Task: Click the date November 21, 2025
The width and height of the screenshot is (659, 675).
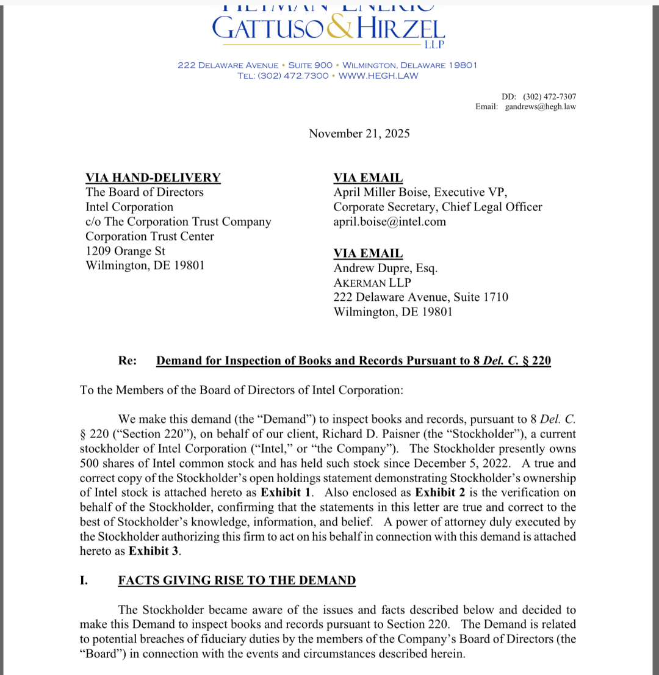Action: click(x=359, y=133)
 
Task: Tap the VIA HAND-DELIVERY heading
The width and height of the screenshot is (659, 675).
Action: click(x=153, y=178)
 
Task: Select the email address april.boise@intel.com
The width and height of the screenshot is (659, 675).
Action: click(x=389, y=222)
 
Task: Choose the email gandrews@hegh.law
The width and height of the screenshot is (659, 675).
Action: click(x=540, y=106)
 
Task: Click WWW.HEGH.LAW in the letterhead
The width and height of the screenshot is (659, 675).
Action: click(x=378, y=76)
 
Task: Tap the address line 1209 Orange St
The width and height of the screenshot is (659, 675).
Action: click(x=125, y=251)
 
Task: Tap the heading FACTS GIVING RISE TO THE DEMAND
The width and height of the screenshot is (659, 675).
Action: click(x=237, y=580)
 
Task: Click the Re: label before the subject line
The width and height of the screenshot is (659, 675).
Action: click(x=128, y=361)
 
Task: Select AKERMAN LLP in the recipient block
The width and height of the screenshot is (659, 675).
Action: click(x=372, y=283)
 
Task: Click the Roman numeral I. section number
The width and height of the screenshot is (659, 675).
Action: click(x=84, y=580)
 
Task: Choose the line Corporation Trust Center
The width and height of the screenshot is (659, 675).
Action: click(x=149, y=236)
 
